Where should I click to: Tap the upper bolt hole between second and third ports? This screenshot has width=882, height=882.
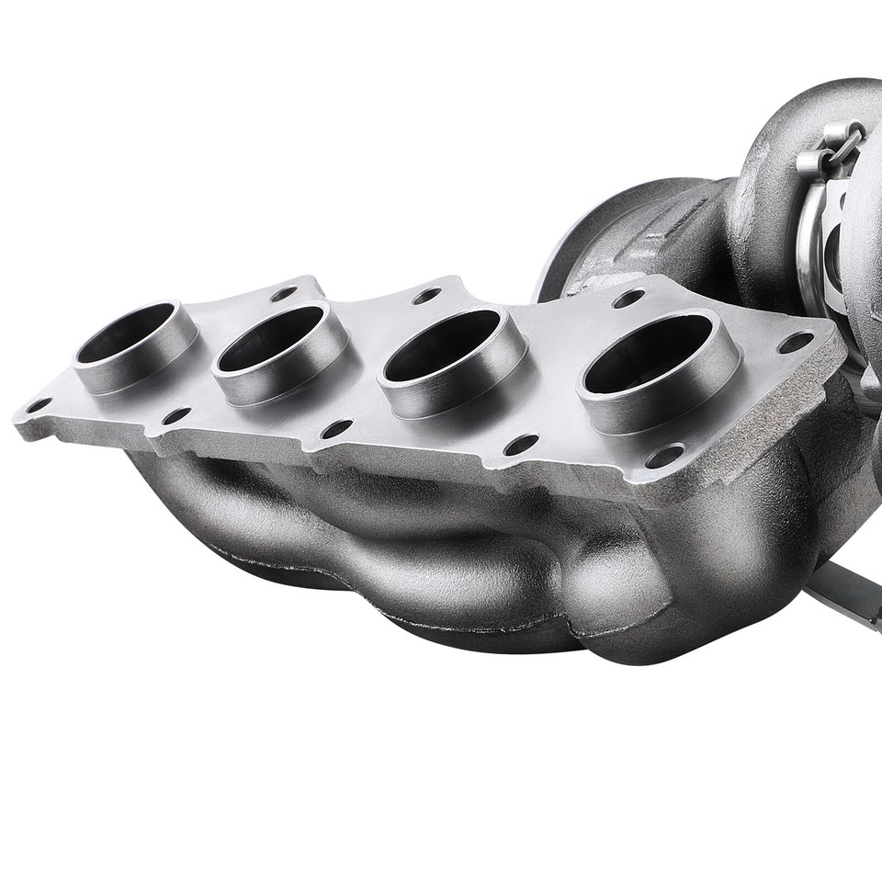coord(427,296)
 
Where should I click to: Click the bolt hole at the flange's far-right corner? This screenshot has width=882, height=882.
coord(795,342)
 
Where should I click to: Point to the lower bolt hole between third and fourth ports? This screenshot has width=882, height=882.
coord(521,445)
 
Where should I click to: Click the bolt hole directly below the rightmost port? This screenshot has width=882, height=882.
coord(664,456)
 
